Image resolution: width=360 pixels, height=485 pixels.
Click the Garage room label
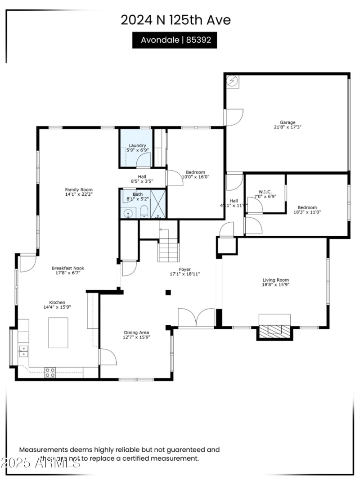[x=288, y=122]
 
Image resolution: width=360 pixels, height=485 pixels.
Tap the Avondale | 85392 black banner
[x=175, y=40]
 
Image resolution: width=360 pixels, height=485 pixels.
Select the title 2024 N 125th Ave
[x=175, y=20]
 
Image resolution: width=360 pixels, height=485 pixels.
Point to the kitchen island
[x=58, y=332]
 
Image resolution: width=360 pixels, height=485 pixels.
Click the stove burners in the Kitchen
[x=50, y=373]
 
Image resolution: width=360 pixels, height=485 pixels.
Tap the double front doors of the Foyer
[x=197, y=317]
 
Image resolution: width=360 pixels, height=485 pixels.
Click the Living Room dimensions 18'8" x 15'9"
[x=276, y=284]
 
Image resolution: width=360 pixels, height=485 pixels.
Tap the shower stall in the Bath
[x=158, y=204]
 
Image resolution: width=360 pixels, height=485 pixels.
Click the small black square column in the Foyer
[x=168, y=292]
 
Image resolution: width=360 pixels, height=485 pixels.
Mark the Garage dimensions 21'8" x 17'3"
[x=288, y=127]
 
